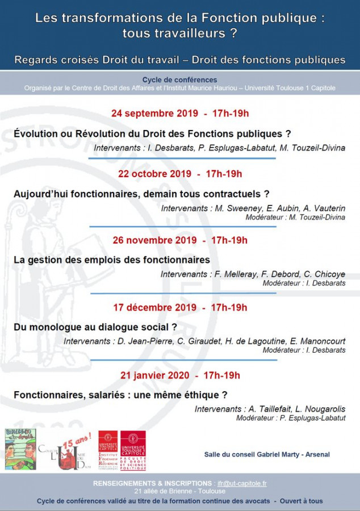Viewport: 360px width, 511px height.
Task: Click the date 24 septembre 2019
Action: (154, 113)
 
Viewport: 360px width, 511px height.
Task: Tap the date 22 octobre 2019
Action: (154, 174)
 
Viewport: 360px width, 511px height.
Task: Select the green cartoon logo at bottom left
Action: (20, 449)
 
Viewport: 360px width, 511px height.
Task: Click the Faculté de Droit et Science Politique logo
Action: (133, 450)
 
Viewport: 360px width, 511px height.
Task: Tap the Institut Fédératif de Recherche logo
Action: (108, 450)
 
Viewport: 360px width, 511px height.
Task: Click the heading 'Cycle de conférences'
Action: (179, 80)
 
